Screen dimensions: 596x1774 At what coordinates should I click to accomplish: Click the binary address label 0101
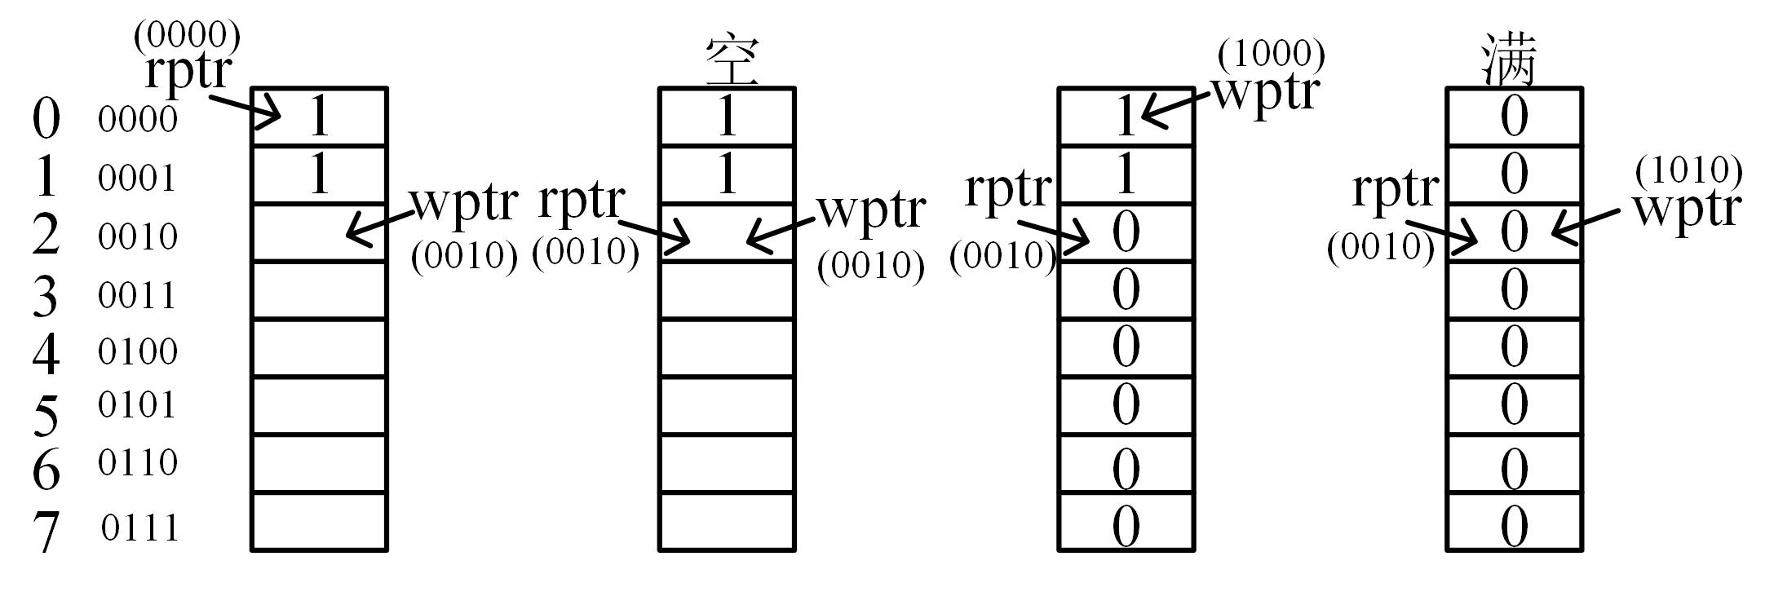[137, 405]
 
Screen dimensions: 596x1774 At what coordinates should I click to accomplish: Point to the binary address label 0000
[137, 120]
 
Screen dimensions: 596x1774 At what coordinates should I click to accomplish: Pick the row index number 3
[46, 296]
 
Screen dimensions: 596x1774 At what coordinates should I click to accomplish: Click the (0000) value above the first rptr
[187, 35]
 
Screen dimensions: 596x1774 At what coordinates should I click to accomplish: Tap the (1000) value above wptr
[1271, 55]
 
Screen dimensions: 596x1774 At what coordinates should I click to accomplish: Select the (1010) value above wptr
[1689, 170]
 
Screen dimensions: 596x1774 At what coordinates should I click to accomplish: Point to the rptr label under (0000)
[188, 72]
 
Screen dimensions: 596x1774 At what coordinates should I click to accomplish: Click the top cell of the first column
[319, 117]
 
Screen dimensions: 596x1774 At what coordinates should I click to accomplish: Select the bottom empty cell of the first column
[319, 522]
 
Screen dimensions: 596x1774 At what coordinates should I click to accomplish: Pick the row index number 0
[46, 118]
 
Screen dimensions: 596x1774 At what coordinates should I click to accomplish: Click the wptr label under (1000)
[1266, 91]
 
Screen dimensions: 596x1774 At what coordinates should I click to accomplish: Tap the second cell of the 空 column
[727, 174]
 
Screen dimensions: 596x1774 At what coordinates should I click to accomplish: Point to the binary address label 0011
[137, 295]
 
